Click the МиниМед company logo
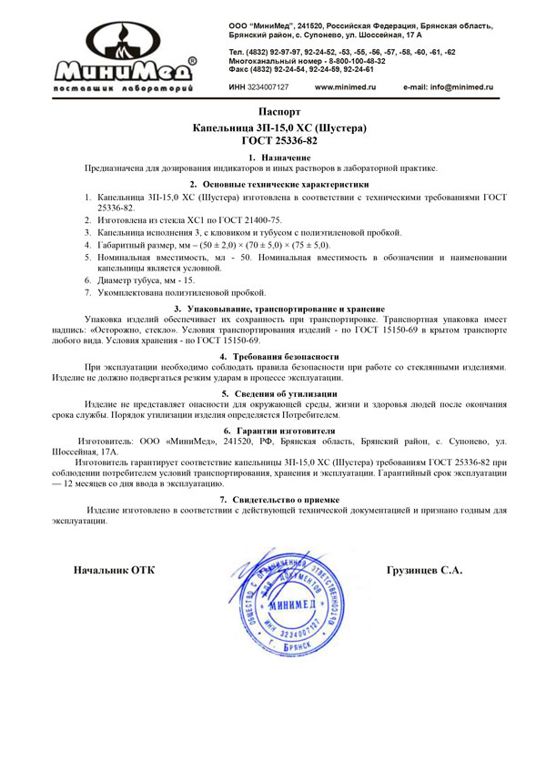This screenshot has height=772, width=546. (x=124, y=56)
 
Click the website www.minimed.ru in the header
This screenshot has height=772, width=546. (x=345, y=87)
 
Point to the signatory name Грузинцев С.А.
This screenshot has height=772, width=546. (x=425, y=571)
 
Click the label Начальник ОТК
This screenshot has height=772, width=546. (x=114, y=571)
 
